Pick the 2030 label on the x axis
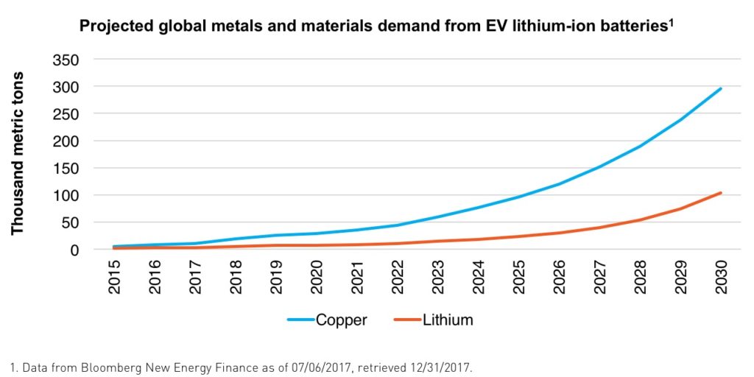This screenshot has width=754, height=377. click(721, 277)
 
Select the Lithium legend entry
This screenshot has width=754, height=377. click(434, 320)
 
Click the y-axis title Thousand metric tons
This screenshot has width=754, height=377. click(18, 153)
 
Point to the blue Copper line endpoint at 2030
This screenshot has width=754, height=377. click(721, 88)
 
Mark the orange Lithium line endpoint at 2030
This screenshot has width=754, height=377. click(721, 193)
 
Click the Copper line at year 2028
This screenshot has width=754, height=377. click(641, 146)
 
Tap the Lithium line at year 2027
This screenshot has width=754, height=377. click(600, 228)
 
